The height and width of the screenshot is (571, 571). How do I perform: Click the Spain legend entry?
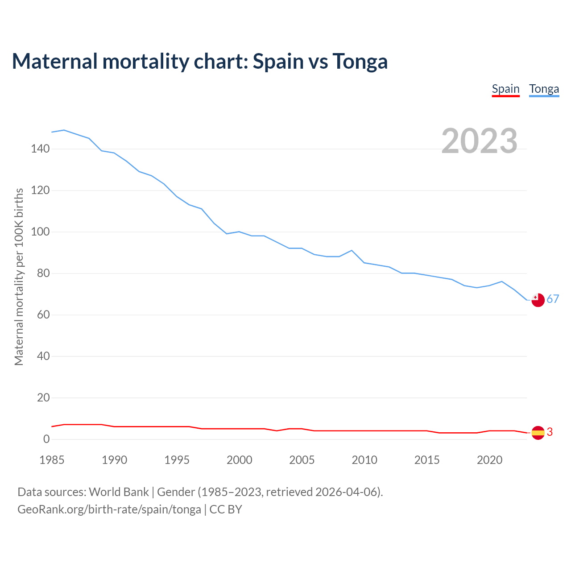coord(505,89)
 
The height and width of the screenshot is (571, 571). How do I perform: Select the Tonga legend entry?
coord(544,89)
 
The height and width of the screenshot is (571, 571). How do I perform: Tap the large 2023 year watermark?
coord(479,141)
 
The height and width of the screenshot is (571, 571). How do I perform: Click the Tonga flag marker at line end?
coord(538,300)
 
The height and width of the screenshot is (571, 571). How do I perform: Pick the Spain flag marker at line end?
coord(538,432)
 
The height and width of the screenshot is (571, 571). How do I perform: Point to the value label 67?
coord(553,299)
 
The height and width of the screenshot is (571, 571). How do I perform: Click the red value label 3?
coord(550,432)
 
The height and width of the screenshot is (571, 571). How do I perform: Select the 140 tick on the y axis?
coord(40,149)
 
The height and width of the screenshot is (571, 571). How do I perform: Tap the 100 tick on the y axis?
coord(40,232)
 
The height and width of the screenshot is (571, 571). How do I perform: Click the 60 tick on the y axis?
coord(43,315)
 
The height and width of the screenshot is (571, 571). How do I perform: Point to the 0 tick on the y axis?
coord(46,439)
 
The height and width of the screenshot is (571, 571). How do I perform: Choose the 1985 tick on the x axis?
coord(52,460)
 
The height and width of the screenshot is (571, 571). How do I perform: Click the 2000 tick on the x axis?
coord(240,460)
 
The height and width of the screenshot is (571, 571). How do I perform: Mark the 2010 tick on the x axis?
coord(364,460)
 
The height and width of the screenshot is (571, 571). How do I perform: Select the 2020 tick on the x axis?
coord(489,460)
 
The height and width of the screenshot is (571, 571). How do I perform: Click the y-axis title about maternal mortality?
coord(19,277)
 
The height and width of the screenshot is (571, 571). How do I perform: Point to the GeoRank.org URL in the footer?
coord(109,509)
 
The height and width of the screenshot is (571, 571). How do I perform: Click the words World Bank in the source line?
coord(119,492)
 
